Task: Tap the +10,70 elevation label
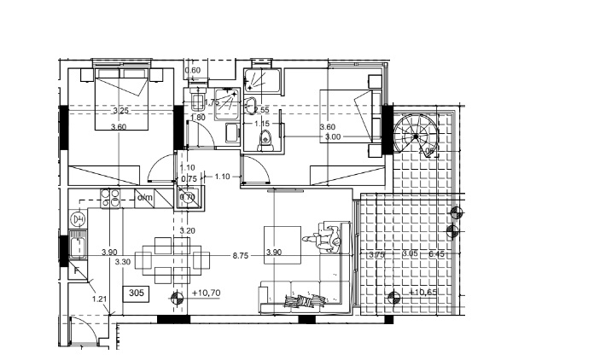coord(207,293)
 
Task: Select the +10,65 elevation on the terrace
coord(423,293)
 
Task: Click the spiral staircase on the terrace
coord(416,135)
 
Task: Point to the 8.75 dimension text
coord(240,253)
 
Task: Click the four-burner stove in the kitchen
coord(110,200)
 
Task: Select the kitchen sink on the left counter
coord(78,249)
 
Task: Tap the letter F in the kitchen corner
coord(77,271)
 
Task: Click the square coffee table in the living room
coord(282,241)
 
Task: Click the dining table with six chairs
coord(169,261)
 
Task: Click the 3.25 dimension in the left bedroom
coord(120,111)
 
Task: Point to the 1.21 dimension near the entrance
coord(100,299)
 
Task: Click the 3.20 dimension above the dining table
coord(187,230)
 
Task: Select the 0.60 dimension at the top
coord(192,70)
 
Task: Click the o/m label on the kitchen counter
coord(145,199)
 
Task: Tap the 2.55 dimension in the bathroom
coord(261,110)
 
